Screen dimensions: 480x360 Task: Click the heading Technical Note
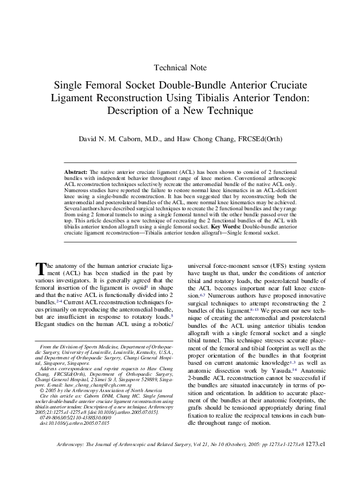181,67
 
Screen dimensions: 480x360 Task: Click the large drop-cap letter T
41,268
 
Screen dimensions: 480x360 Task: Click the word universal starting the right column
204,266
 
